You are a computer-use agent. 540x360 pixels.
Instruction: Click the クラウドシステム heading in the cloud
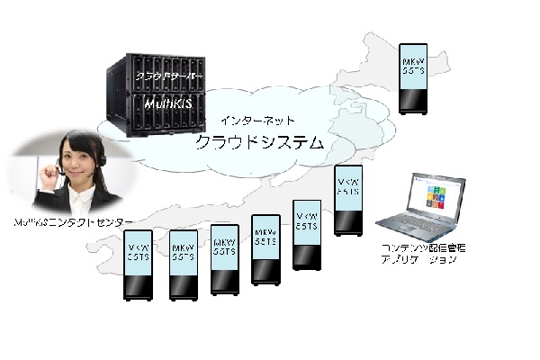tap(261, 142)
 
